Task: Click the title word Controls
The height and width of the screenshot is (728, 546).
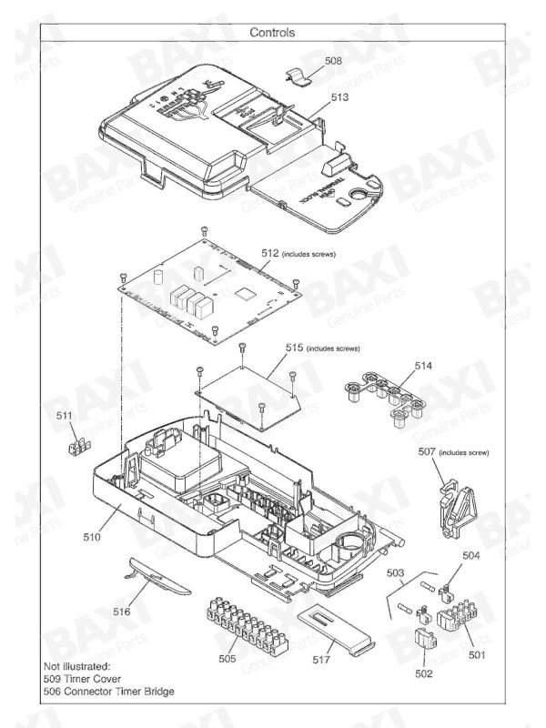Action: pos(272,32)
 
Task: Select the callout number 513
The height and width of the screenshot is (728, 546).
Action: pos(340,96)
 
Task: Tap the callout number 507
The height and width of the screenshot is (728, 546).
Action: pos(428,451)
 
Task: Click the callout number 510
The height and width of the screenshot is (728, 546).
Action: pos(92,538)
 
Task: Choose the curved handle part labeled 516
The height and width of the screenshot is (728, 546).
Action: pos(157,579)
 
